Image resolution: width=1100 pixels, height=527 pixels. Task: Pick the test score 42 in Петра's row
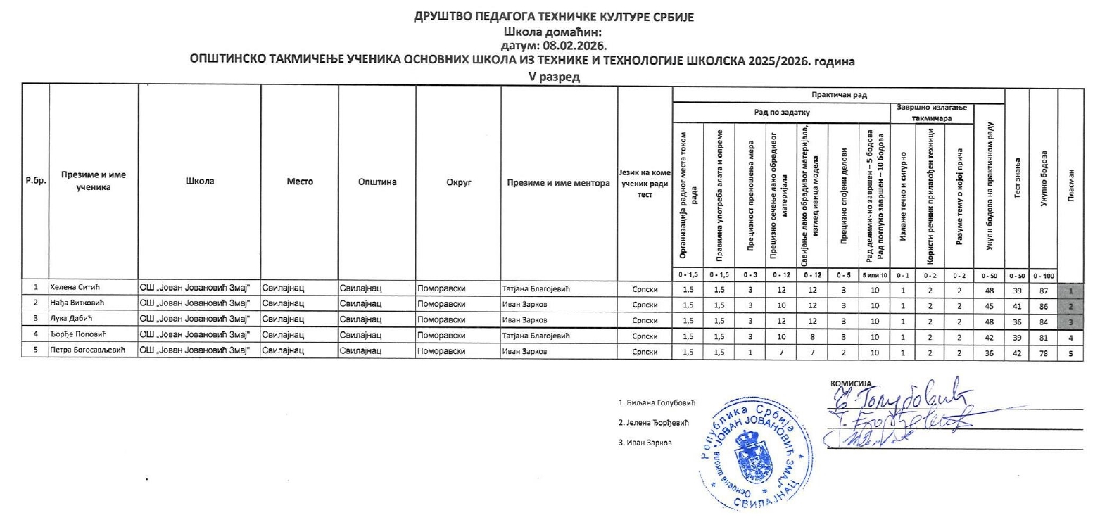click(x=1016, y=352)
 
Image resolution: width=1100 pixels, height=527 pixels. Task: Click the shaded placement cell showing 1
click(x=1070, y=289)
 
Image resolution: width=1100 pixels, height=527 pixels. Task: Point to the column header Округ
click(x=458, y=182)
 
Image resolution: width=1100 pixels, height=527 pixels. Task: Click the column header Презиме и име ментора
click(x=558, y=182)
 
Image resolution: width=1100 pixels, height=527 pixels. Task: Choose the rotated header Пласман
click(x=1070, y=183)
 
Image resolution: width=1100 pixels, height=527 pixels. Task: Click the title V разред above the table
click(x=554, y=77)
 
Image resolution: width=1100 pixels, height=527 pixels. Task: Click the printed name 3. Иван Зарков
click(x=645, y=443)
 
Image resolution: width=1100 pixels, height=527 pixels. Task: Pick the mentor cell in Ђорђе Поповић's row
click(x=535, y=336)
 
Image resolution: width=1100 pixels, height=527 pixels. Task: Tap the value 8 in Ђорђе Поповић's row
click(x=812, y=336)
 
